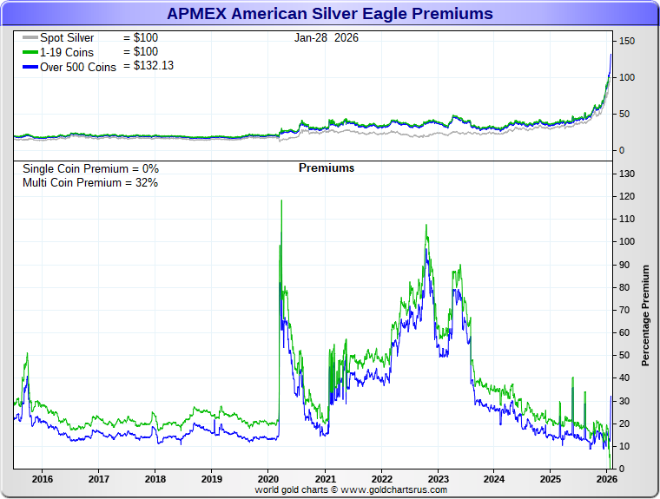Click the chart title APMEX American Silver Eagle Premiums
(329, 14)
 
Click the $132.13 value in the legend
(154, 65)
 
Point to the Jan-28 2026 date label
(327, 38)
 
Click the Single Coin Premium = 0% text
(90, 168)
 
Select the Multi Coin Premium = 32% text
(90, 182)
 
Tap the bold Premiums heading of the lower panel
(327, 168)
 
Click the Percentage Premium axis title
(645, 316)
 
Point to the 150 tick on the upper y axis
(626, 41)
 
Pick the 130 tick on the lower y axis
(626, 174)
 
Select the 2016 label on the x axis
(43, 479)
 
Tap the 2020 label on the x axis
(268, 479)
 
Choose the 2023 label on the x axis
(438, 479)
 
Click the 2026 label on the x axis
(606, 479)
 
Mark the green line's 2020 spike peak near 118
(280, 200)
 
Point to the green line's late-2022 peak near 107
(426, 226)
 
